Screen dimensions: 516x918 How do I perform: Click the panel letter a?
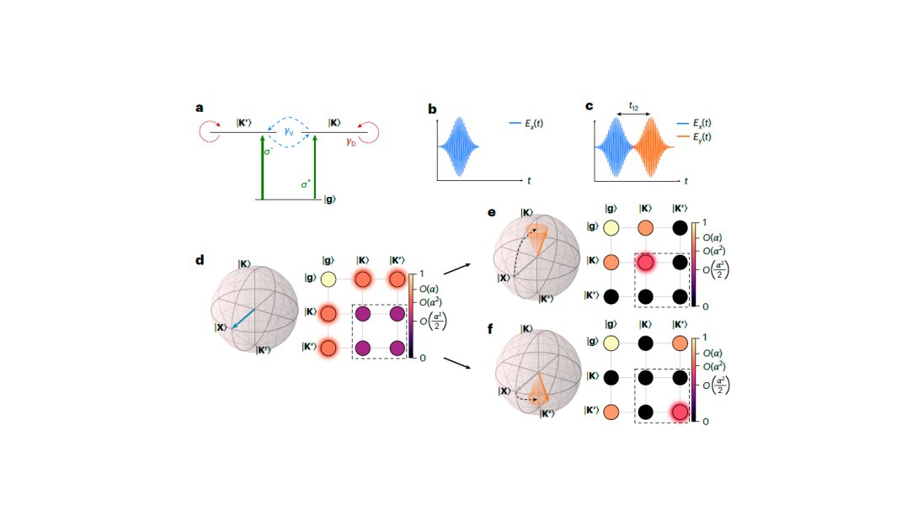click(200, 108)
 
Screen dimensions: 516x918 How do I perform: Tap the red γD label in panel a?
click(351, 141)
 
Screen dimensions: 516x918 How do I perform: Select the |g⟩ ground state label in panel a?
click(329, 199)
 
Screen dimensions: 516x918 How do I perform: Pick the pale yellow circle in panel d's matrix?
click(329, 279)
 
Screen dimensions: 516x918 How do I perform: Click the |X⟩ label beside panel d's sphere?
click(220, 328)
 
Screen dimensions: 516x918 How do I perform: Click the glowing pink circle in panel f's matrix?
click(681, 412)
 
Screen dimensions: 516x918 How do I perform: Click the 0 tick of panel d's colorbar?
click(422, 358)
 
